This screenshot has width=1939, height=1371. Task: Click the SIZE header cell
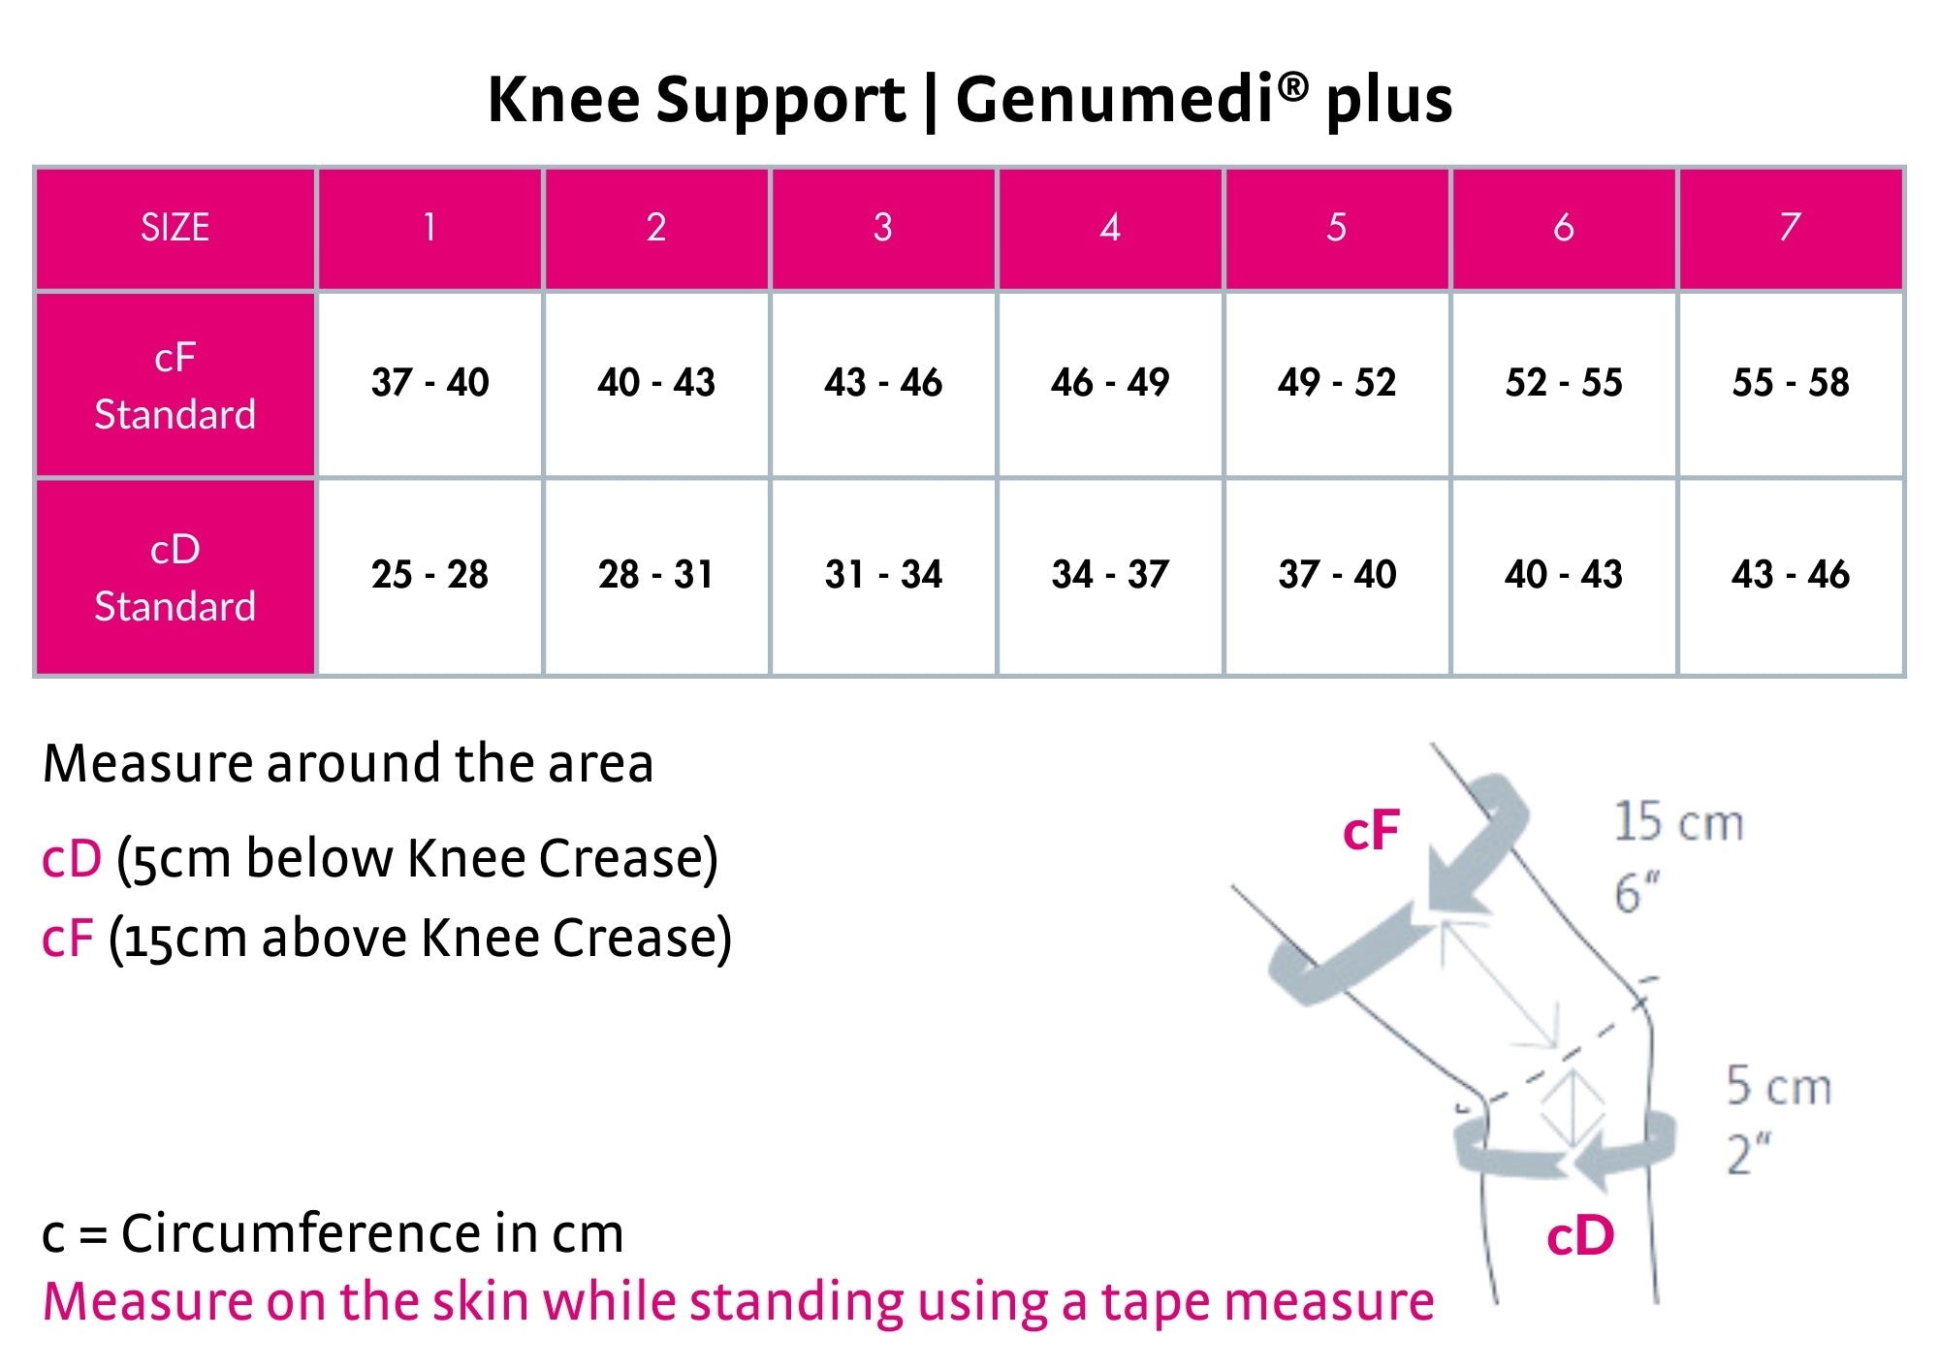coord(175,228)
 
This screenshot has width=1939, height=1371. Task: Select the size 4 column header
coord(1110,228)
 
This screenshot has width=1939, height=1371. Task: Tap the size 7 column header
coord(1790,228)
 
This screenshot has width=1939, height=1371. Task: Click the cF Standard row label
coord(175,385)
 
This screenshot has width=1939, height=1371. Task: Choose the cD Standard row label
coord(175,577)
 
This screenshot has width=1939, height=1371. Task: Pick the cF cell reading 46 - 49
coord(1110,382)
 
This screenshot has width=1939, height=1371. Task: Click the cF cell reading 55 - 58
coord(1791,382)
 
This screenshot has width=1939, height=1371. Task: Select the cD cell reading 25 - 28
coord(429,574)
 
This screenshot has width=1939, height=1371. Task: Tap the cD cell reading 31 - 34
coord(883,574)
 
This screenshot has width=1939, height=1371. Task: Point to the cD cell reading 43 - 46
coord(1791,574)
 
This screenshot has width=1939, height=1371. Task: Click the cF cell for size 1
coord(429,382)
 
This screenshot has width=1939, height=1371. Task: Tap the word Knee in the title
coord(563,100)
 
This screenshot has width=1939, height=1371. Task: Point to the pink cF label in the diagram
coord(1371,830)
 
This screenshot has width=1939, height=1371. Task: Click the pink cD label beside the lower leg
coord(1580,1236)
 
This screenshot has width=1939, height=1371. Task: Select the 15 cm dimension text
coord(1678,822)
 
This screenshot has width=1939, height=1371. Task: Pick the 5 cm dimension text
coord(1778,1086)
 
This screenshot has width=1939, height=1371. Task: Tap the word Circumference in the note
coord(301,1234)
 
